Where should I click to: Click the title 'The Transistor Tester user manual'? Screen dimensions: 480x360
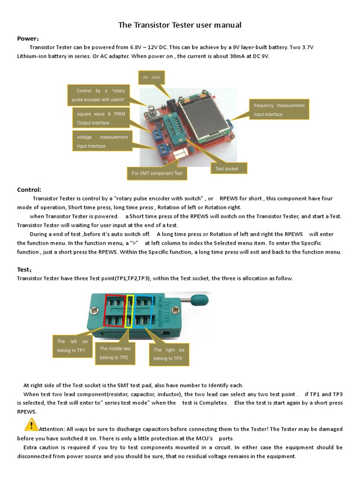point(180,25)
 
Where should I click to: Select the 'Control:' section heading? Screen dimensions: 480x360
point(29,190)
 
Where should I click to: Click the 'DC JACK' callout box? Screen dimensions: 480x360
point(152,77)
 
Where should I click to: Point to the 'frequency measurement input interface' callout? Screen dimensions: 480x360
point(279,110)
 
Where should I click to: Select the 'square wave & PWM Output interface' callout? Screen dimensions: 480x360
point(101,118)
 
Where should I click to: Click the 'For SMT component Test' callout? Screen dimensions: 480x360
point(157,173)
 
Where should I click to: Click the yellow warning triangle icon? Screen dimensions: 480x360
point(31,425)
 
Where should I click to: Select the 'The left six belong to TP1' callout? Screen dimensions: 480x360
point(73,346)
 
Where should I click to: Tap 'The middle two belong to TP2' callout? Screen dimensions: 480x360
point(115,353)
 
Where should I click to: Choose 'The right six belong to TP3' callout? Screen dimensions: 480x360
point(169,354)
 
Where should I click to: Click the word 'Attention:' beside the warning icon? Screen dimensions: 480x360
point(52,429)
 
